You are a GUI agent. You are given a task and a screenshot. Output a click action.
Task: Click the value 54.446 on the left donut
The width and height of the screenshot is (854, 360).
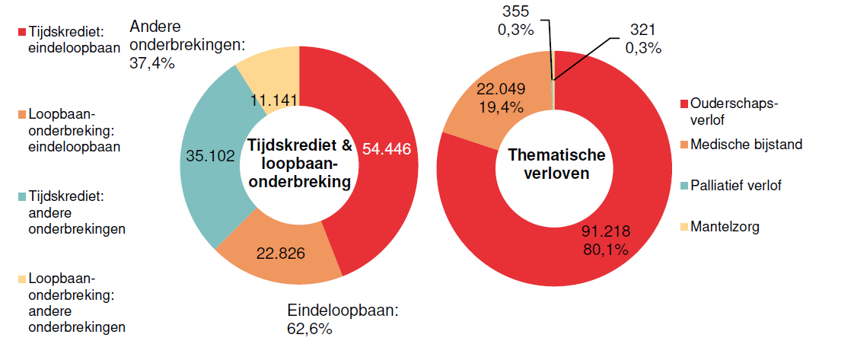click(387, 149)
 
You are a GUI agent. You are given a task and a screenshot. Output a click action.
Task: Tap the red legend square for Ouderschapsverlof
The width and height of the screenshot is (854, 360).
click(685, 104)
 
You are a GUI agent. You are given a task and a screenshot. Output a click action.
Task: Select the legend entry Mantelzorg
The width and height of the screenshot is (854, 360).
click(725, 226)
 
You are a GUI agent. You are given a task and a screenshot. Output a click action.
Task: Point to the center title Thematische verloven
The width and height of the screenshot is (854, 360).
click(556, 164)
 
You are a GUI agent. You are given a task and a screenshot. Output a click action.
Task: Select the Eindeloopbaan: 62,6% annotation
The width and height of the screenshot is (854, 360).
click(343, 320)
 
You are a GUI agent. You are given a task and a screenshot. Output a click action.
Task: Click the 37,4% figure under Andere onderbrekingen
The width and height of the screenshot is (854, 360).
click(153, 64)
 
